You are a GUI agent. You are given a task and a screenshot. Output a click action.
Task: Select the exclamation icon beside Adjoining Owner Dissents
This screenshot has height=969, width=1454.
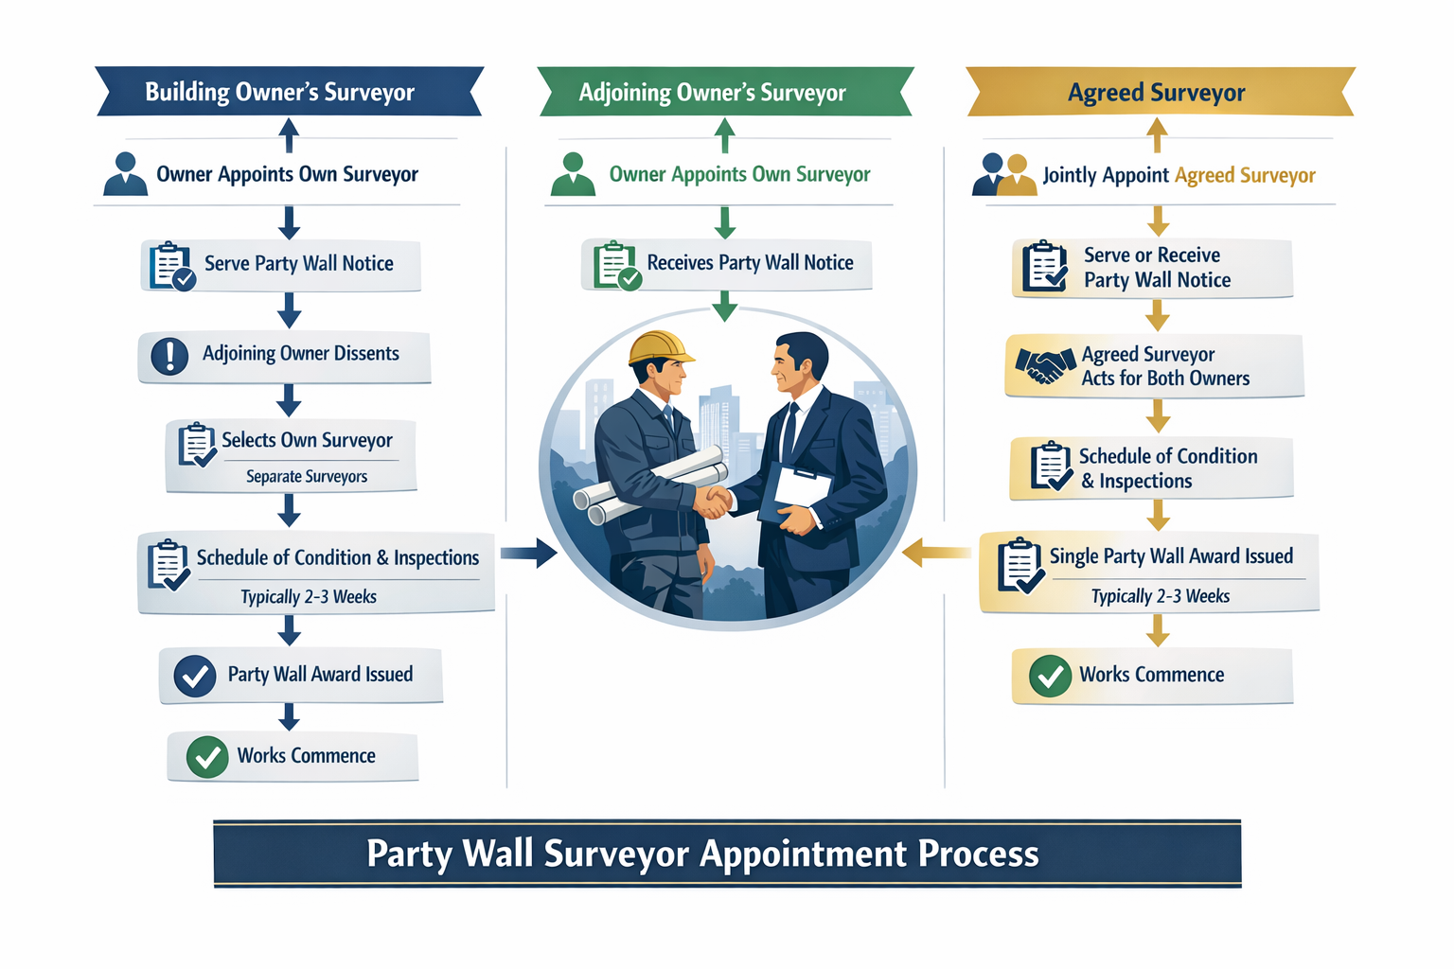(169, 356)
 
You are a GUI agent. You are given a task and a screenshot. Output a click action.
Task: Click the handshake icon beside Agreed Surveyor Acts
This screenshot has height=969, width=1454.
(1039, 364)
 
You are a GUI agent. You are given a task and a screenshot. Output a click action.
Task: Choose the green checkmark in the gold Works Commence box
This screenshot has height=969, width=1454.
(1050, 677)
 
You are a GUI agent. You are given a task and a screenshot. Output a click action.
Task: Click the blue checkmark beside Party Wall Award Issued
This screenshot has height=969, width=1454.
(195, 677)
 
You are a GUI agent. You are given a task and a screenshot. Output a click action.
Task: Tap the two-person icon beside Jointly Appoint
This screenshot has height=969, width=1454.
(1004, 175)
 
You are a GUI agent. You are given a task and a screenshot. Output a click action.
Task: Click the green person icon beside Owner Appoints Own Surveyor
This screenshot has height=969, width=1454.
(573, 175)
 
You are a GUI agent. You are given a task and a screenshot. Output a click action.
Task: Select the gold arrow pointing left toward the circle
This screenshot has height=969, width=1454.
(935, 553)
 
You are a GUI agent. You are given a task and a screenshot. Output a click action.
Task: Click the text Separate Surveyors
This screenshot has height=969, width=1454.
(307, 477)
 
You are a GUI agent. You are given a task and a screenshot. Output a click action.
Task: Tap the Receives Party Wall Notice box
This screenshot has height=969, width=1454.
(726, 264)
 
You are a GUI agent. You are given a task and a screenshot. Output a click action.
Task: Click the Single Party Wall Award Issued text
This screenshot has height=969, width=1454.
(1171, 556)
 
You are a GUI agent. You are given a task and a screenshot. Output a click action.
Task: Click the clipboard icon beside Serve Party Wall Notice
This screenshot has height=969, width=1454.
(171, 265)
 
